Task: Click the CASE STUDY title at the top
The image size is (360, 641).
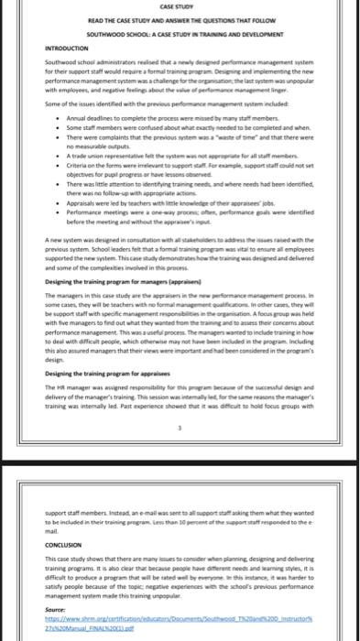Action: (179, 8)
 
